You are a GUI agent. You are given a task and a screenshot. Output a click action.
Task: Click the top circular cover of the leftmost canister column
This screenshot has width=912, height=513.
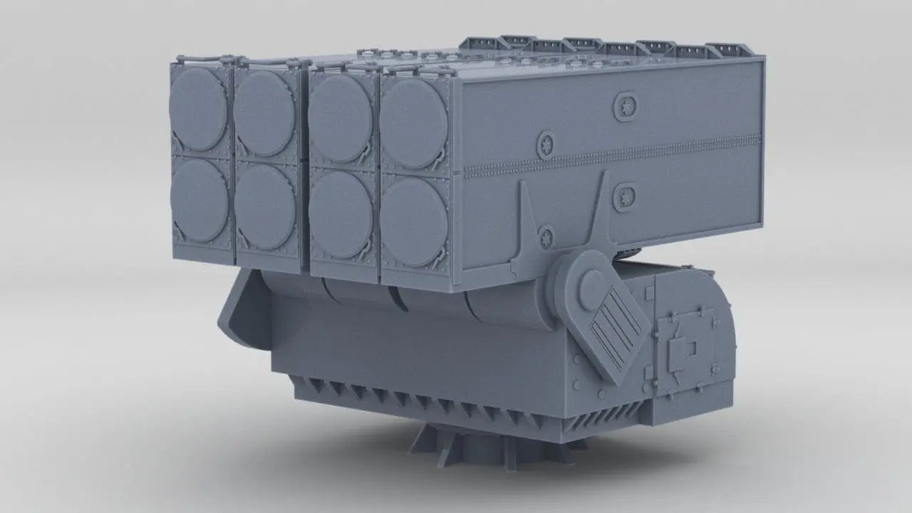199,108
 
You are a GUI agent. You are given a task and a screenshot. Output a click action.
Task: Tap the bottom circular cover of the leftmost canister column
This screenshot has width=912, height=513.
199,199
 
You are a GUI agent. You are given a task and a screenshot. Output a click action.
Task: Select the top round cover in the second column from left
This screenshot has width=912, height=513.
265,115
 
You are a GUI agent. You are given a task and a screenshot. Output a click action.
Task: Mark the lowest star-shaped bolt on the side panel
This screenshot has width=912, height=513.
546,234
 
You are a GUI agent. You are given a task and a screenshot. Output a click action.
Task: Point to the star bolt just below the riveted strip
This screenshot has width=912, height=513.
625,195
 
